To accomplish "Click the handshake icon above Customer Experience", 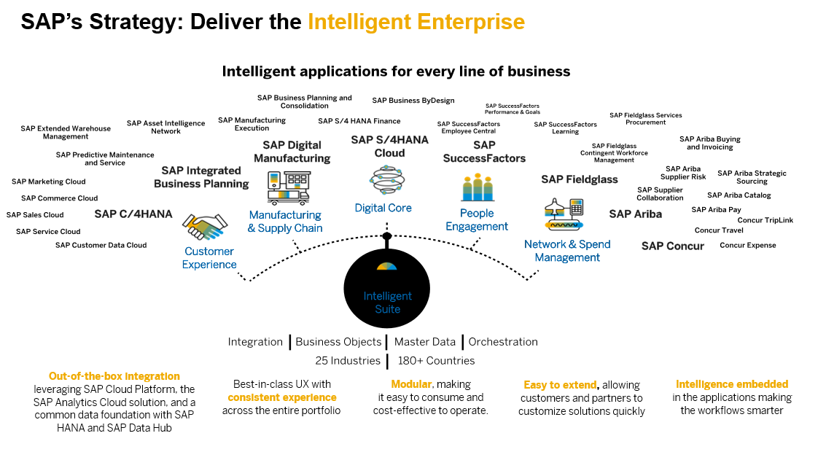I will (205, 226).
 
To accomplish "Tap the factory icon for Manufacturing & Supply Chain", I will (289, 187).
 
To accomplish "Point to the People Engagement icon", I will (478, 187).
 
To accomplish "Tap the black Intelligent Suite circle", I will (388, 289).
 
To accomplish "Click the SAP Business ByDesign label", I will (413, 101).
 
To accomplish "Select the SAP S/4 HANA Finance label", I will (359, 121).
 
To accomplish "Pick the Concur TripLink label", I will (765, 220).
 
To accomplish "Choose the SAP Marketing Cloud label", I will (48, 182).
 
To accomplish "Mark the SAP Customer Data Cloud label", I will (101, 245).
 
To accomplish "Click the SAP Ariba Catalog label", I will (739, 195).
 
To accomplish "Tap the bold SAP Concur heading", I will (672, 246).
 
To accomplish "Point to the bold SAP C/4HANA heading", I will (133, 214).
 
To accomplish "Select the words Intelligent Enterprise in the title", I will (416, 22).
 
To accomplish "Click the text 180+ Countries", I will (436, 361).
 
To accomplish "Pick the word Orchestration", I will (503, 342).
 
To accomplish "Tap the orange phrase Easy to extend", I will (560, 385).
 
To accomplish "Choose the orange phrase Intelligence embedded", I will (731, 384).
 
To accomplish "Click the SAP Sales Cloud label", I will (35, 215).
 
